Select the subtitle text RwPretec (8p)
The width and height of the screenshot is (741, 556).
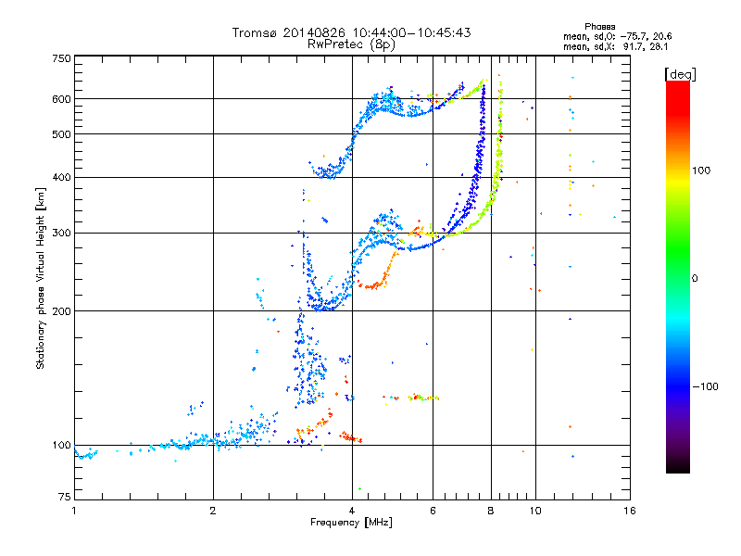pos(351,44)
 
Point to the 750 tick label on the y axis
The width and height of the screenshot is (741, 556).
pos(61,58)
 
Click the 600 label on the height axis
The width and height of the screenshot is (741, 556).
pos(61,99)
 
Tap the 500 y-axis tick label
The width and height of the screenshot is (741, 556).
pos(61,134)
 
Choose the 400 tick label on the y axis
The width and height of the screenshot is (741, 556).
pos(61,178)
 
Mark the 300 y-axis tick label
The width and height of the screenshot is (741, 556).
pos(61,234)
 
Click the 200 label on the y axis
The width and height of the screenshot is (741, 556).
pos(61,311)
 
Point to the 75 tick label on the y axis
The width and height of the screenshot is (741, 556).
pos(65,497)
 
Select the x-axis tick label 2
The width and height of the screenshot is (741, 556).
pos(213,511)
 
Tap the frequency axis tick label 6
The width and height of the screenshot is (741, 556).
pos(433,511)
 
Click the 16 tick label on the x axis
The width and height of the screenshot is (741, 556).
pos(630,511)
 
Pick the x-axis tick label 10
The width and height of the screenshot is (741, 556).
pos(535,511)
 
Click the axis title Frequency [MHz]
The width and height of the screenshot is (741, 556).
pos(351,523)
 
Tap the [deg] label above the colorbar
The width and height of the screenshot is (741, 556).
pos(680,74)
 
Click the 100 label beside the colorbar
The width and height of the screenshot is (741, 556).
pos(701,171)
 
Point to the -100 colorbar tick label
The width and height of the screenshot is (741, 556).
pos(705,386)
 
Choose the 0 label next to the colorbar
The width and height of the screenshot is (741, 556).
pos(695,279)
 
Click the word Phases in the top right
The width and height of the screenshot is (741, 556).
pos(599,27)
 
